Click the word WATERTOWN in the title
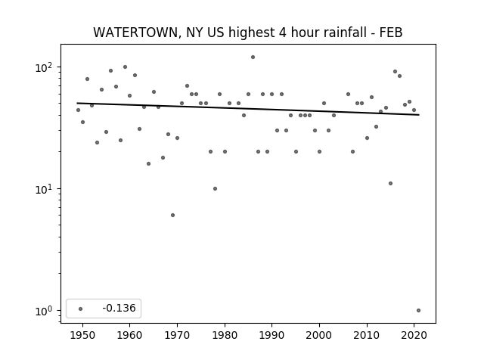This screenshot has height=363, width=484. coord(136,33)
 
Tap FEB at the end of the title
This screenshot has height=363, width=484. coord(392,33)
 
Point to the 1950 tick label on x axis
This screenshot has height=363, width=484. coord(82,335)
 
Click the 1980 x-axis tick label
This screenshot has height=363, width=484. coord(225,335)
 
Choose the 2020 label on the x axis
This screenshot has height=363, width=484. coord(414,335)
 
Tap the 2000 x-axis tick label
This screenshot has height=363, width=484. coord(319,335)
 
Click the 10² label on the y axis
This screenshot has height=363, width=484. coord(44,67)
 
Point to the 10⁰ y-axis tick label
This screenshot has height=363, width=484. coord(44,311)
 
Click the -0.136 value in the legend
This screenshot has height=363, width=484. coord(119,308)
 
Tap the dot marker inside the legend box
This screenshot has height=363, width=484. coord(81,309)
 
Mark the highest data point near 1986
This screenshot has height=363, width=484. coord(253,57)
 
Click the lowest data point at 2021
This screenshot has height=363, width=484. coord(418,311)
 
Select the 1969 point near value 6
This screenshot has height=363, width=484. coord(172,215)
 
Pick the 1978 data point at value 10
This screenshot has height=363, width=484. coord(215,188)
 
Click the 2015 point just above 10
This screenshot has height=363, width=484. coord(390,183)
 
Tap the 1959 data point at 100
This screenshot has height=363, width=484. coord(125,67)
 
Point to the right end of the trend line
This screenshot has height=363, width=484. coord(419,115)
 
